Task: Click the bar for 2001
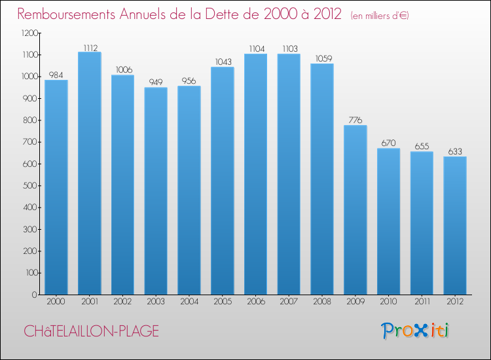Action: point(90,173)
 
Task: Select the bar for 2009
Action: point(355,209)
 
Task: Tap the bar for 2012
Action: point(455,225)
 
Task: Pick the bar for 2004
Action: point(189,190)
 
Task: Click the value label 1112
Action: point(90,47)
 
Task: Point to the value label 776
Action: point(355,120)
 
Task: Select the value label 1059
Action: point(322,58)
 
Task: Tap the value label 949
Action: point(156,82)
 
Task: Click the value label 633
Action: point(455,151)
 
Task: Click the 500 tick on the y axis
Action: point(29,185)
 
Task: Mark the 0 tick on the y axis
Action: point(33,295)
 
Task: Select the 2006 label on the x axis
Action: point(255,302)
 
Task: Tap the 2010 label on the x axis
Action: point(388,302)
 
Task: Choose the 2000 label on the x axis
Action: point(56,302)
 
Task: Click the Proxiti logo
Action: point(416,331)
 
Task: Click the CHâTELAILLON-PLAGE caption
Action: point(91,331)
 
